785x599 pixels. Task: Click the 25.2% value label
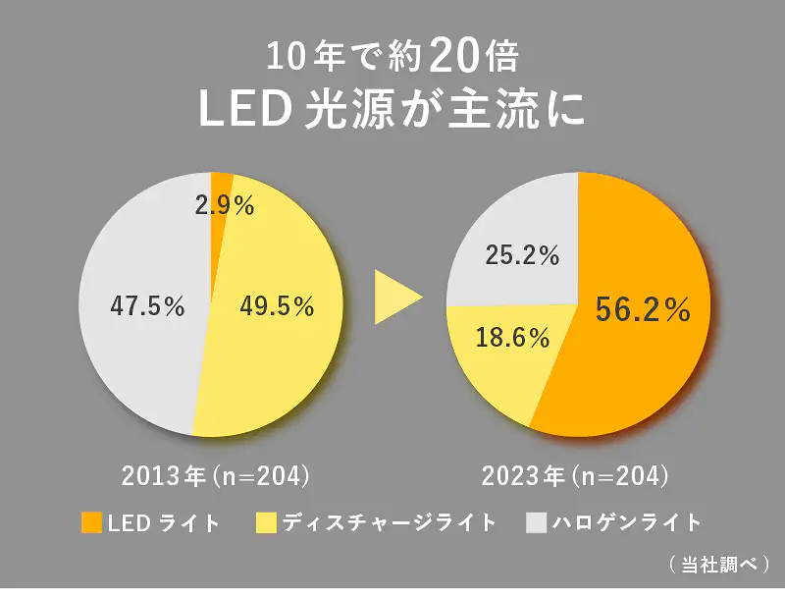click(522, 256)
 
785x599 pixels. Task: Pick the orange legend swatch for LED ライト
click(91, 521)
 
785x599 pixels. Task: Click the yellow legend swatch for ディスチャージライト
click(265, 521)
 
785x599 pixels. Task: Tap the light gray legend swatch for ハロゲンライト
click(537, 521)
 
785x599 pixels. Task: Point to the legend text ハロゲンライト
click(628, 521)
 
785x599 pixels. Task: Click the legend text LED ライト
click(163, 521)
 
